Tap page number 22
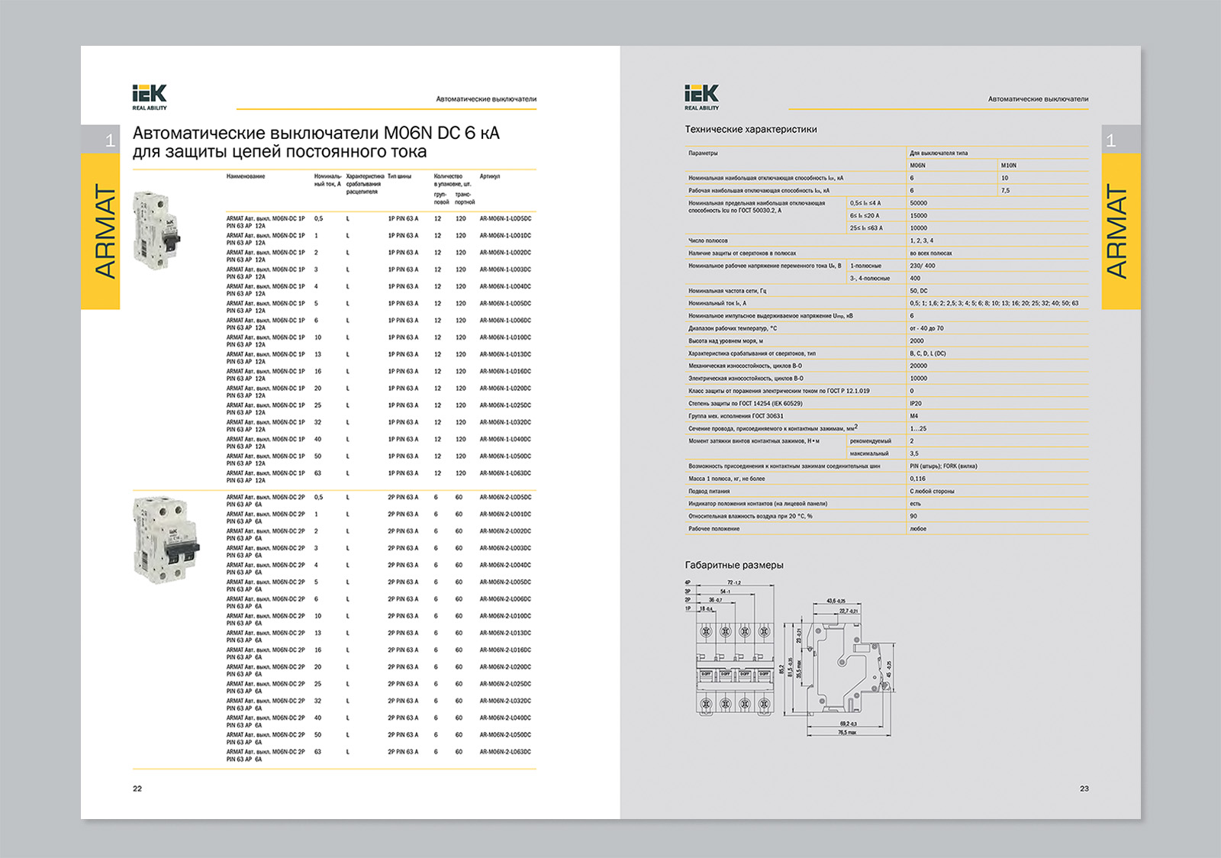[x=137, y=789]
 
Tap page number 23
[x=1084, y=789]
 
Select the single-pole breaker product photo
[x=157, y=229]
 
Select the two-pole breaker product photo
[x=166, y=538]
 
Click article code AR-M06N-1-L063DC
[x=505, y=473]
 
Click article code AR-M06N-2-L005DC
[x=505, y=497]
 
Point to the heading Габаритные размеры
[x=734, y=565]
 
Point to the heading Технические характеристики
[x=751, y=130]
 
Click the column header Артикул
[x=490, y=176]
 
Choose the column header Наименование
[x=246, y=176]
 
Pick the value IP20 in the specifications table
[x=916, y=404]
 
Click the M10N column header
[x=1009, y=166]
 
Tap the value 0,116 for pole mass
[x=917, y=479]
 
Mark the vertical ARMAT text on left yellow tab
[x=105, y=231]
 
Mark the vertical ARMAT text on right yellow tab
[x=1116, y=231]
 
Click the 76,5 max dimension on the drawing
[x=847, y=733]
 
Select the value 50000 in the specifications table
[x=919, y=203]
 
